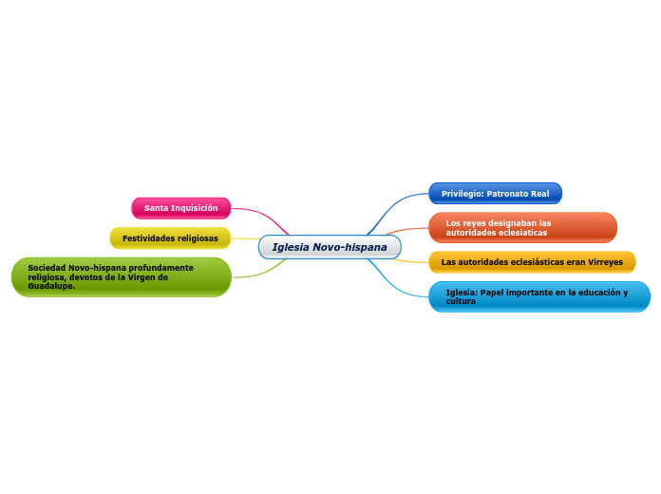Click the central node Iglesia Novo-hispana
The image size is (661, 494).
tap(330, 247)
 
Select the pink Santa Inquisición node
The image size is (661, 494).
tap(180, 208)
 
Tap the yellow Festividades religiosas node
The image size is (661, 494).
tap(170, 237)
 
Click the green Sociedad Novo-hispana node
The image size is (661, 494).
tap(121, 277)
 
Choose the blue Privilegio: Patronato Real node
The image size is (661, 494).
tap(495, 194)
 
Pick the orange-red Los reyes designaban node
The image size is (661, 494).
tap(521, 227)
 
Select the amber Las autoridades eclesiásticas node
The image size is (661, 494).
tap(532, 261)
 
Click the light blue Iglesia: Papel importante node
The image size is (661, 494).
tap(538, 296)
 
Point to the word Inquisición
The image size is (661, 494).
tap(196, 208)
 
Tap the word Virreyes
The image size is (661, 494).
tap(605, 262)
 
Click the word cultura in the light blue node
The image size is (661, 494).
tap(461, 301)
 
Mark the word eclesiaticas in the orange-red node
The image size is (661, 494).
tap(515, 233)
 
